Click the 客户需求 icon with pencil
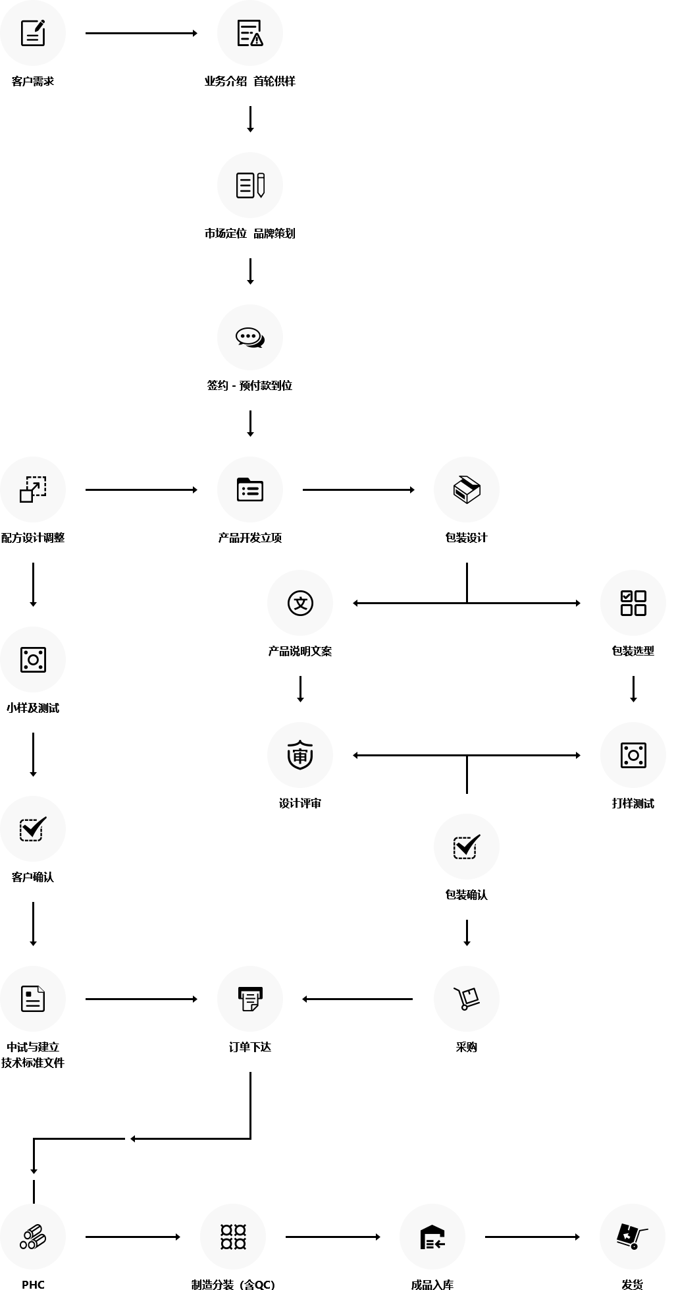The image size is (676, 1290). click(33, 33)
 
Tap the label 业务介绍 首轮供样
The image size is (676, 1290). click(249, 82)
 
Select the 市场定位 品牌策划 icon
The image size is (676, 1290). click(250, 185)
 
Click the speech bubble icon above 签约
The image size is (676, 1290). click(250, 337)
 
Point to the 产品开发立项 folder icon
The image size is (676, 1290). click(250, 490)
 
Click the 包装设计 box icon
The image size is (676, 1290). click(467, 490)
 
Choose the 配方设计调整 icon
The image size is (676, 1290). click(33, 490)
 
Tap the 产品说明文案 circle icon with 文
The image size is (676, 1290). click(300, 603)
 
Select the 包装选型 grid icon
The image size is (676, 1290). click(633, 603)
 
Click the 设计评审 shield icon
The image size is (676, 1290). click(300, 755)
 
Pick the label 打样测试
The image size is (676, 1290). click(633, 803)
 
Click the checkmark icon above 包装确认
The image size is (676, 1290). click(467, 847)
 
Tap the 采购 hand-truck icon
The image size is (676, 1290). click(467, 999)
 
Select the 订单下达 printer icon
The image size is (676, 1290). click(250, 999)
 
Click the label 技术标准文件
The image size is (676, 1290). click(33, 1063)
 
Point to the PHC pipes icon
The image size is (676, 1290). click(33, 1237)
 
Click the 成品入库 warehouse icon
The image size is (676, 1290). click(432, 1237)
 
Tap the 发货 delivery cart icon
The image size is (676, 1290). click(633, 1237)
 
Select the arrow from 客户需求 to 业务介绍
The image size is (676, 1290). click(142, 33)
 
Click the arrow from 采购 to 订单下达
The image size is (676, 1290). click(358, 999)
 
